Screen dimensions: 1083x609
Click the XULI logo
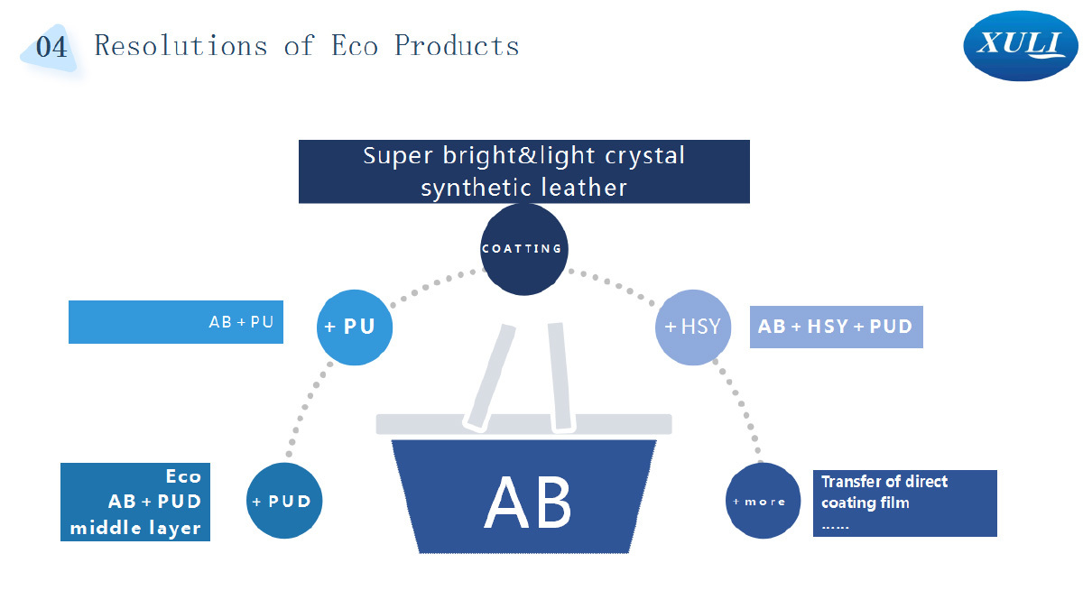[1020, 46]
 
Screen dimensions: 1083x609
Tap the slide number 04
[51, 47]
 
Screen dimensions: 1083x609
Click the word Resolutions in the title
[180, 46]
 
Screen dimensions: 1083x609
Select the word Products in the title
[457, 46]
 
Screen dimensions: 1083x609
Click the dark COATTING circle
[524, 249]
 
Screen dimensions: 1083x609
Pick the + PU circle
[355, 328]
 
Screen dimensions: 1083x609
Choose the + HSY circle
[693, 328]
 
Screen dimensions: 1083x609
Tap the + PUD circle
[284, 501]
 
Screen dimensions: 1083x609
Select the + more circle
[763, 501]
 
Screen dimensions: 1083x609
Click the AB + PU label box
[176, 322]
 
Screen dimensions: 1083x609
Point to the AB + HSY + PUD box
[837, 327]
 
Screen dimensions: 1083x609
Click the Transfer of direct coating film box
[905, 503]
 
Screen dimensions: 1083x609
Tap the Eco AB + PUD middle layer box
[135, 503]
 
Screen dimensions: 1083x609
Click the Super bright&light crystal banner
[524, 171]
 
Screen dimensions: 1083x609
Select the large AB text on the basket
[527, 503]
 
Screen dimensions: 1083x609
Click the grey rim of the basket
[524, 424]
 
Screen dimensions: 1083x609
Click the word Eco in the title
[354, 46]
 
